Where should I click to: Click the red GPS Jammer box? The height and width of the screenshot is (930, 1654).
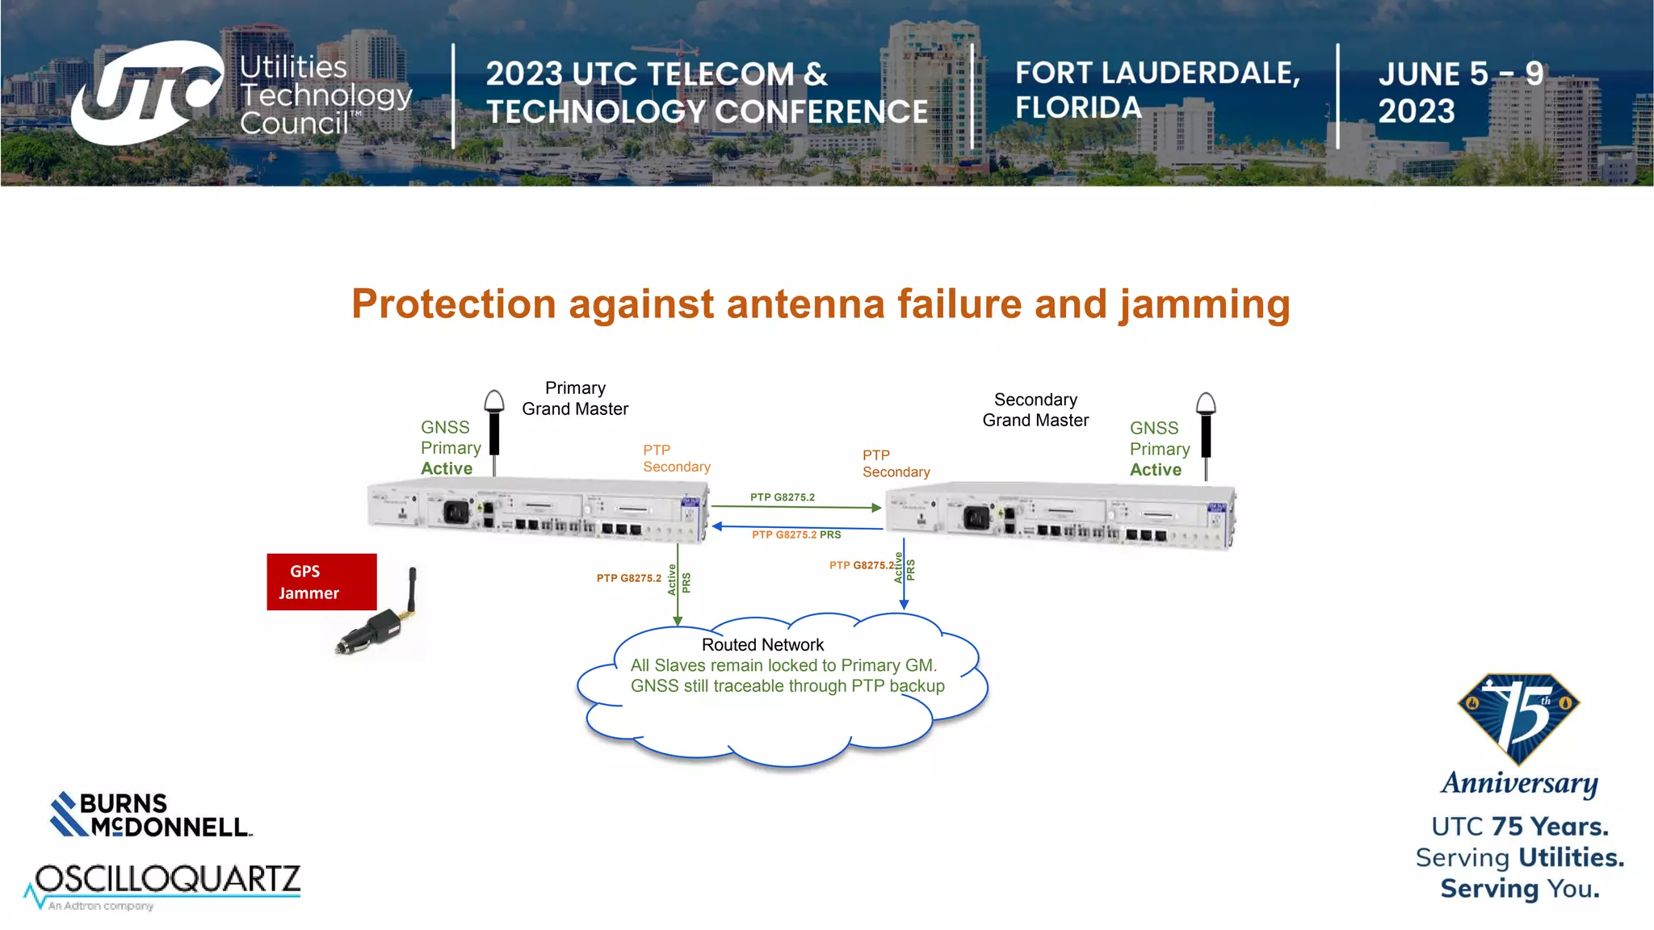point(321,582)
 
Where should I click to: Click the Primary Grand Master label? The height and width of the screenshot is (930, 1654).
point(575,399)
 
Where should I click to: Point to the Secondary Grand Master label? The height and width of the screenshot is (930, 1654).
point(1035,410)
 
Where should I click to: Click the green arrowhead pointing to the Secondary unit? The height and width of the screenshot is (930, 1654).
point(876,508)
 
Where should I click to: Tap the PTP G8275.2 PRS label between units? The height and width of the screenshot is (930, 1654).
point(796,535)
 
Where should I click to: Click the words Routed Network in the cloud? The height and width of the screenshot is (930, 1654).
point(762,645)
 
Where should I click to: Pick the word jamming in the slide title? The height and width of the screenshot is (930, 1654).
point(1204,305)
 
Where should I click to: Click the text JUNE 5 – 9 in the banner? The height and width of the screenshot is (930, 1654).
point(1460,74)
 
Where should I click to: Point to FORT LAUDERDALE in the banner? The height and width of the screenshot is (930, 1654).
point(1157,73)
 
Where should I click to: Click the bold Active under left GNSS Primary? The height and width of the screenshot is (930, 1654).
point(447,469)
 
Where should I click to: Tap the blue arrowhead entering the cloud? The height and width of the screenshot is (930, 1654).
point(904,604)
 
